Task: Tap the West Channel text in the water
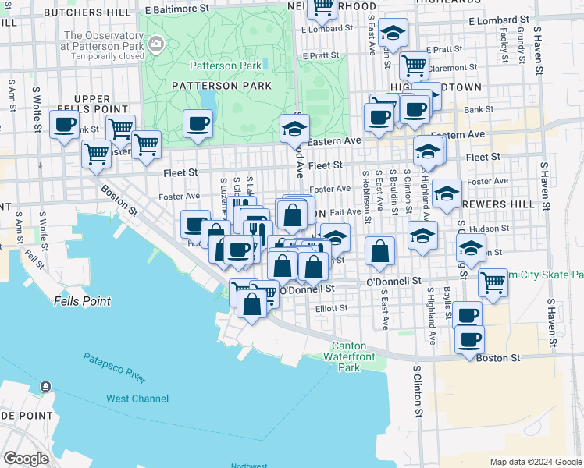click(x=137, y=399)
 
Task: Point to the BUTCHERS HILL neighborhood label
click(x=87, y=12)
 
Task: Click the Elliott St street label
click(x=331, y=308)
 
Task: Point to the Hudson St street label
click(x=493, y=229)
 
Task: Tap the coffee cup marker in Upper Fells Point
click(x=64, y=123)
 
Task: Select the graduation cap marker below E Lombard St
click(x=393, y=32)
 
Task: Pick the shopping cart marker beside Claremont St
click(x=413, y=65)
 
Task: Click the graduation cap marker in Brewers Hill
click(x=447, y=193)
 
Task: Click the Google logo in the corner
click(x=26, y=459)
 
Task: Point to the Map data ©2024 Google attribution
click(x=536, y=462)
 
